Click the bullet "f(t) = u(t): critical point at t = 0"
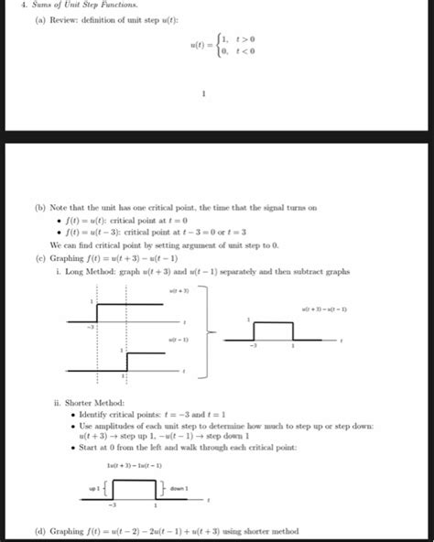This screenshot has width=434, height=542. (127, 222)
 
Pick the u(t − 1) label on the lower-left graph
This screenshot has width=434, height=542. (179, 340)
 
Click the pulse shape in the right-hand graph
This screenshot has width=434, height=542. (273, 331)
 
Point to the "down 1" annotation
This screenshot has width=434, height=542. (180, 488)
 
